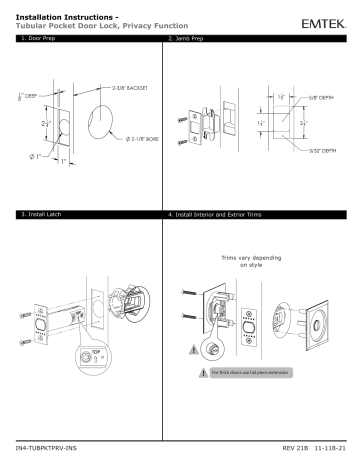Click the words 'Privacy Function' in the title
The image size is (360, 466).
(x=150, y=23)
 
